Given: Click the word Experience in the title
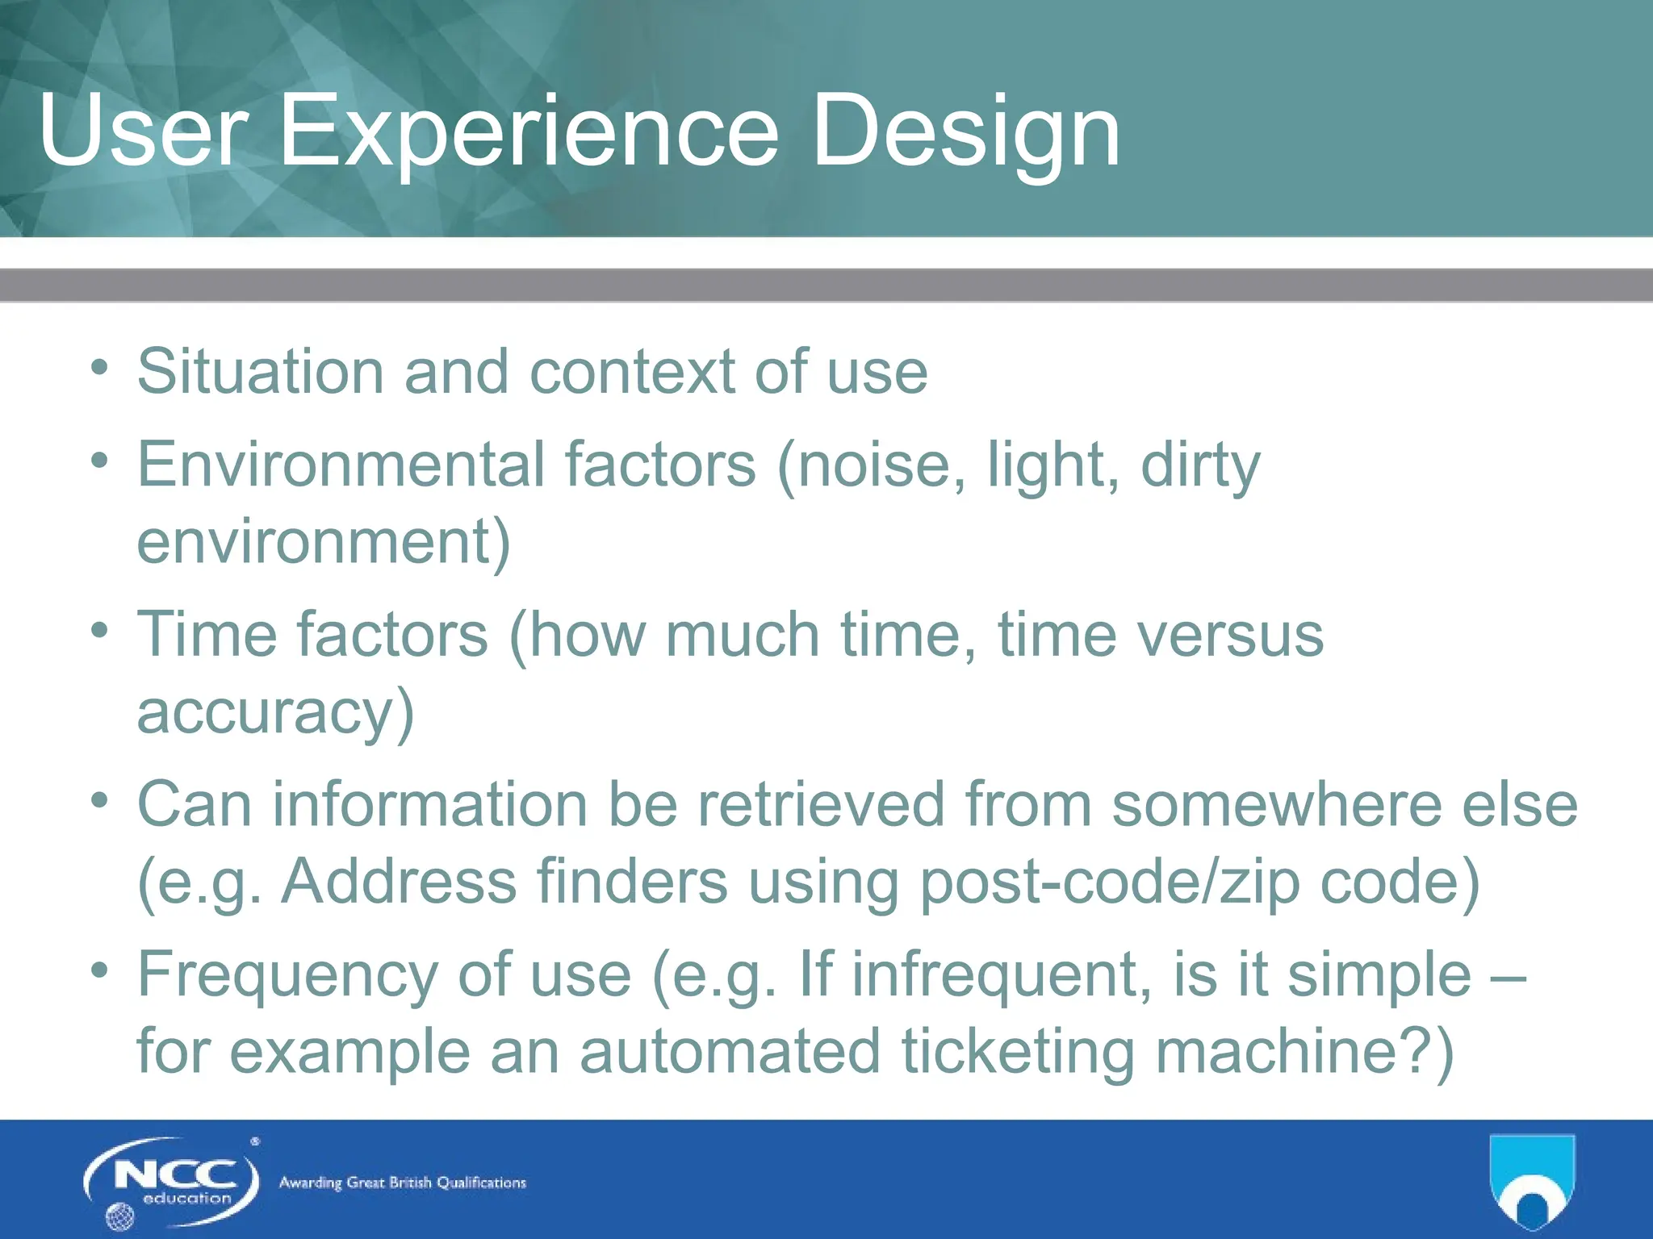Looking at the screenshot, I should pyautogui.click(x=529, y=131).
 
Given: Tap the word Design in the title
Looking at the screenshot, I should pyautogui.click(x=965, y=131).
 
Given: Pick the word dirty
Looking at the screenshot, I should pyautogui.click(x=1200, y=465).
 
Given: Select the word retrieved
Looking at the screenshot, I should pyautogui.click(x=820, y=804).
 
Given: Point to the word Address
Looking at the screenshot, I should pyautogui.click(x=399, y=881).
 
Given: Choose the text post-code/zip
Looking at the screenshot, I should pyautogui.click(x=1110, y=882).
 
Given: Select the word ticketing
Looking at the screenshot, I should pyautogui.click(x=1019, y=1053).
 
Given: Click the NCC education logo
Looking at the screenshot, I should pyautogui.click(x=171, y=1183).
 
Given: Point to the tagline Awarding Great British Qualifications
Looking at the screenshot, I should pyautogui.click(x=402, y=1183).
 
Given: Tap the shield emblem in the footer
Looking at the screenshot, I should pyautogui.click(x=1531, y=1181).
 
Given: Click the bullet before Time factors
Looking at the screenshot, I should pyautogui.click(x=99, y=629).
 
